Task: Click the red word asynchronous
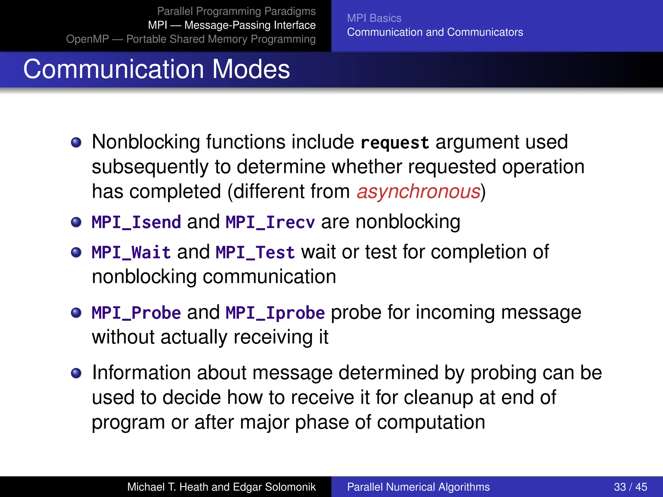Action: click(418, 192)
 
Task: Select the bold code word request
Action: click(395, 143)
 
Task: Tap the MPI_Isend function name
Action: click(136, 222)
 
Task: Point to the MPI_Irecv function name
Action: click(270, 222)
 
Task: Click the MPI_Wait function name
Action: click(131, 252)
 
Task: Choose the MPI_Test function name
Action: click(255, 252)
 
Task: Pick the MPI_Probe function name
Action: click(136, 313)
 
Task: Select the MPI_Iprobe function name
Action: click(275, 313)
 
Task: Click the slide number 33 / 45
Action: click(630, 487)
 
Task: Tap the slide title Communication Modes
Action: click(156, 69)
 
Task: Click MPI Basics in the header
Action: click(374, 18)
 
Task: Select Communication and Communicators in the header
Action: click(435, 32)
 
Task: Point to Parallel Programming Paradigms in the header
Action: click(236, 11)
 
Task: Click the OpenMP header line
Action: click(191, 39)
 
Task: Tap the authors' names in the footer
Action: click(221, 487)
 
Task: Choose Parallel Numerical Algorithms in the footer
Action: click(418, 487)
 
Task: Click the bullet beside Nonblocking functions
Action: click(76, 142)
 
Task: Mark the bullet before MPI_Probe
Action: click(76, 313)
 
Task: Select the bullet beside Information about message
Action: click(76, 373)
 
